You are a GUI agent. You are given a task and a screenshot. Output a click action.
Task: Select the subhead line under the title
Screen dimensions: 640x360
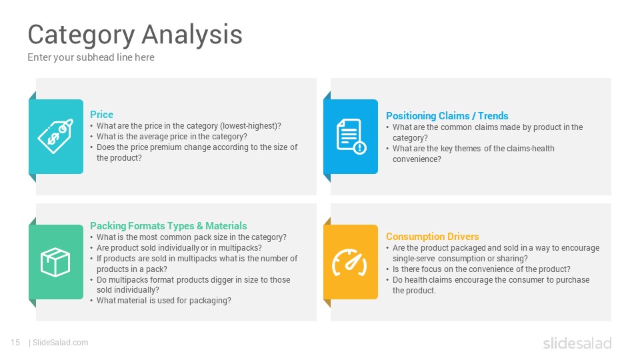[91, 57]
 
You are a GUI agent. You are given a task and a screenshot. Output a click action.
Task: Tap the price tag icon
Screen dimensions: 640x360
[55, 136]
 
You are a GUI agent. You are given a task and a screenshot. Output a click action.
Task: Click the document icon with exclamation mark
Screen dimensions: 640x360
[351, 136]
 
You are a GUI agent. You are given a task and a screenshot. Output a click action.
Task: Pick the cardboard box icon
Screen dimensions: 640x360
[55, 262]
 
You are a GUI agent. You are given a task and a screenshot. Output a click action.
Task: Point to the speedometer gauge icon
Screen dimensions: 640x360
[349, 263]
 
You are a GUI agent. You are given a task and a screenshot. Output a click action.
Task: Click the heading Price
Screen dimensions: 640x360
[101, 114]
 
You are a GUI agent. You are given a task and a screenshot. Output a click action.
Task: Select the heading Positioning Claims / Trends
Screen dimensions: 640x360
[447, 116]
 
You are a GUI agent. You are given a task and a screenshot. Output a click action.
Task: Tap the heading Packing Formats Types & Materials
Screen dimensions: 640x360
[168, 226]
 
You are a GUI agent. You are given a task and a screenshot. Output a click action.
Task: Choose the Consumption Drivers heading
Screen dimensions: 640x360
[432, 236]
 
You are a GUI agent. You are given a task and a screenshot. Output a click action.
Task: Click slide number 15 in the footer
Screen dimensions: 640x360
[15, 343]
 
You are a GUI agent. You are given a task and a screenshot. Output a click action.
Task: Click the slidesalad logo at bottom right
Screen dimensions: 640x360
[577, 343]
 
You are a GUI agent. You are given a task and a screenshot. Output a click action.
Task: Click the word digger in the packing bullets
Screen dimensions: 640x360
[220, 280]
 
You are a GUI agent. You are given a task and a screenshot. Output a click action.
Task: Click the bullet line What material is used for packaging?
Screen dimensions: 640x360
[164, 301]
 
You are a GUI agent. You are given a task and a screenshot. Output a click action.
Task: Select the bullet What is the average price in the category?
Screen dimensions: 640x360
[172, 137]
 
